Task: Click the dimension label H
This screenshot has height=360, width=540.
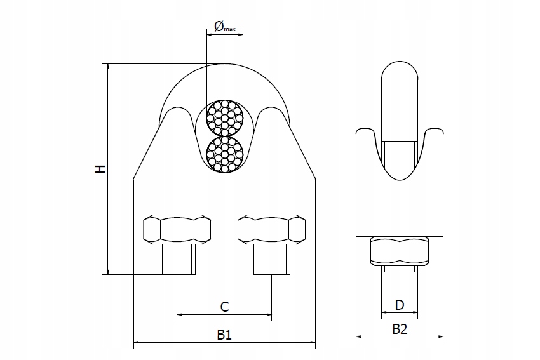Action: [100, 169]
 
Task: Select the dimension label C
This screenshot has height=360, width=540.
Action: [224, 306]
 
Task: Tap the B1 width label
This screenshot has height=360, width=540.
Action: [224, 334]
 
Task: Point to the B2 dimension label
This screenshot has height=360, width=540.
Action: [400, 330]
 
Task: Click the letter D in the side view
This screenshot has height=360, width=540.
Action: [400, 305]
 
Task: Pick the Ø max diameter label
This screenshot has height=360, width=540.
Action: [224, 26]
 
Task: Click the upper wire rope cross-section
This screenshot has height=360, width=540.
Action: [224, 117]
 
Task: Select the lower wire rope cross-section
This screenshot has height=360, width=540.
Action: [224, 154]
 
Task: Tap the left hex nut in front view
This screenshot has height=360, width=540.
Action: [177, 230]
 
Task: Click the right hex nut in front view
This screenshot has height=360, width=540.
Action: [272, 230]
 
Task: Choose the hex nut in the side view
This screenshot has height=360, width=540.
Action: [400, 251]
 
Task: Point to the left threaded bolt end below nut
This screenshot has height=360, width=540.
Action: [177, 259]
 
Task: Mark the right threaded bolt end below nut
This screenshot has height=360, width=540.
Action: [272, 259]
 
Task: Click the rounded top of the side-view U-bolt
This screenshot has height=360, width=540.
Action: [400, 67]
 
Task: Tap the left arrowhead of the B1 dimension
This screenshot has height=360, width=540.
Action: [137, 342]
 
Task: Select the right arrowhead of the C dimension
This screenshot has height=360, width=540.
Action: [269, 314]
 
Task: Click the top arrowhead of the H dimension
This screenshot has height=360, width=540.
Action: [108, 67]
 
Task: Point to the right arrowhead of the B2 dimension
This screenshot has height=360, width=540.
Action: [440, 337]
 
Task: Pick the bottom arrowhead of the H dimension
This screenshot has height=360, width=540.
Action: [108, 272]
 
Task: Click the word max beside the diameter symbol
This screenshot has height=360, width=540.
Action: [230, 29]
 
